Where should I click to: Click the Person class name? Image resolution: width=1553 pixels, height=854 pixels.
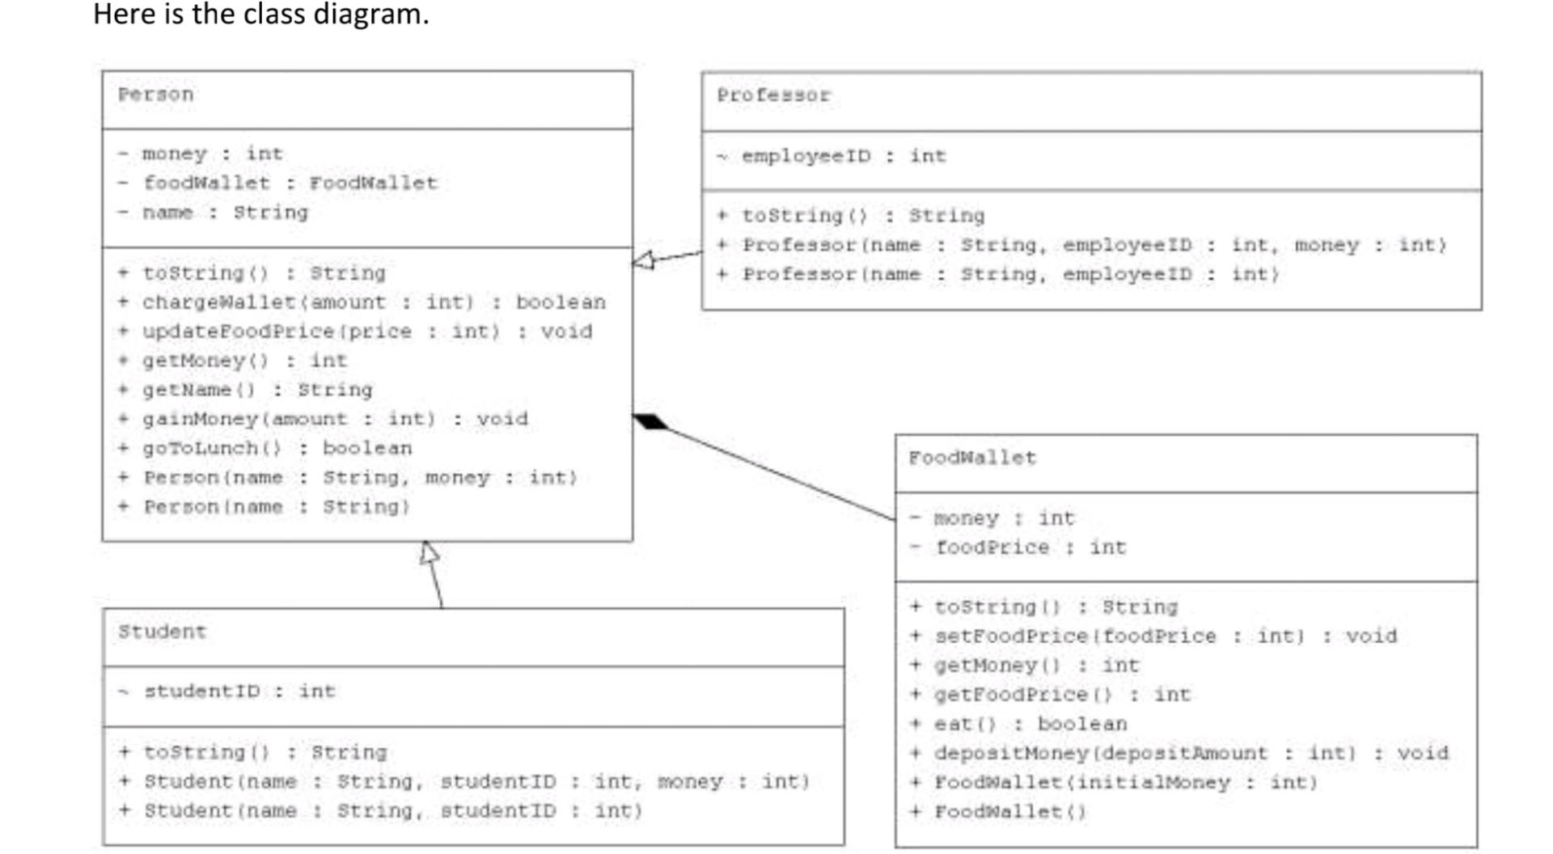tap(155, 95)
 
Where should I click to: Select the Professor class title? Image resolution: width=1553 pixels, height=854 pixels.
tap(773, 95)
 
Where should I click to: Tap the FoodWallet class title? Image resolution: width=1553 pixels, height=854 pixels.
tap(971, 458)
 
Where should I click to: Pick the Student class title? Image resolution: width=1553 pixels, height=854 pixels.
tap(162, 632)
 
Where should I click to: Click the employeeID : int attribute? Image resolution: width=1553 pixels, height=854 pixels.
tap(843, 156)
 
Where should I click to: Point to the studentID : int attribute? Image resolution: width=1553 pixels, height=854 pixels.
tap(239, 691)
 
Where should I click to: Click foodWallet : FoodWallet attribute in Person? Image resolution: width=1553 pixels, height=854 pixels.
tap(290, 183)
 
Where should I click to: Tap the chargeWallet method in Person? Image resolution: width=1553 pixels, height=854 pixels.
tap(372, 302)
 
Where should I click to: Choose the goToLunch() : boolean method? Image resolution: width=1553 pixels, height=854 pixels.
tap(277, 448)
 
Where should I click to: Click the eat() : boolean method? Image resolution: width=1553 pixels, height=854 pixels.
tap(1029, 724)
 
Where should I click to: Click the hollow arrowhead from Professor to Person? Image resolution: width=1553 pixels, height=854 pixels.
tap(644, 260)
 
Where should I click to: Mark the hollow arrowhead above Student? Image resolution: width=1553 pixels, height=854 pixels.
tap(430, 553)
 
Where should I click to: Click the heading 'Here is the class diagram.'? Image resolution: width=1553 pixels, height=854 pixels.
tap(260, 15)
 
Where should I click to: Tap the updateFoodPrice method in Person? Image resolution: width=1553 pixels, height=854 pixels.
tap(366, 332)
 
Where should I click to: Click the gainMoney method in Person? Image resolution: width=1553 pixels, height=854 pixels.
tap(334, 419)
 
